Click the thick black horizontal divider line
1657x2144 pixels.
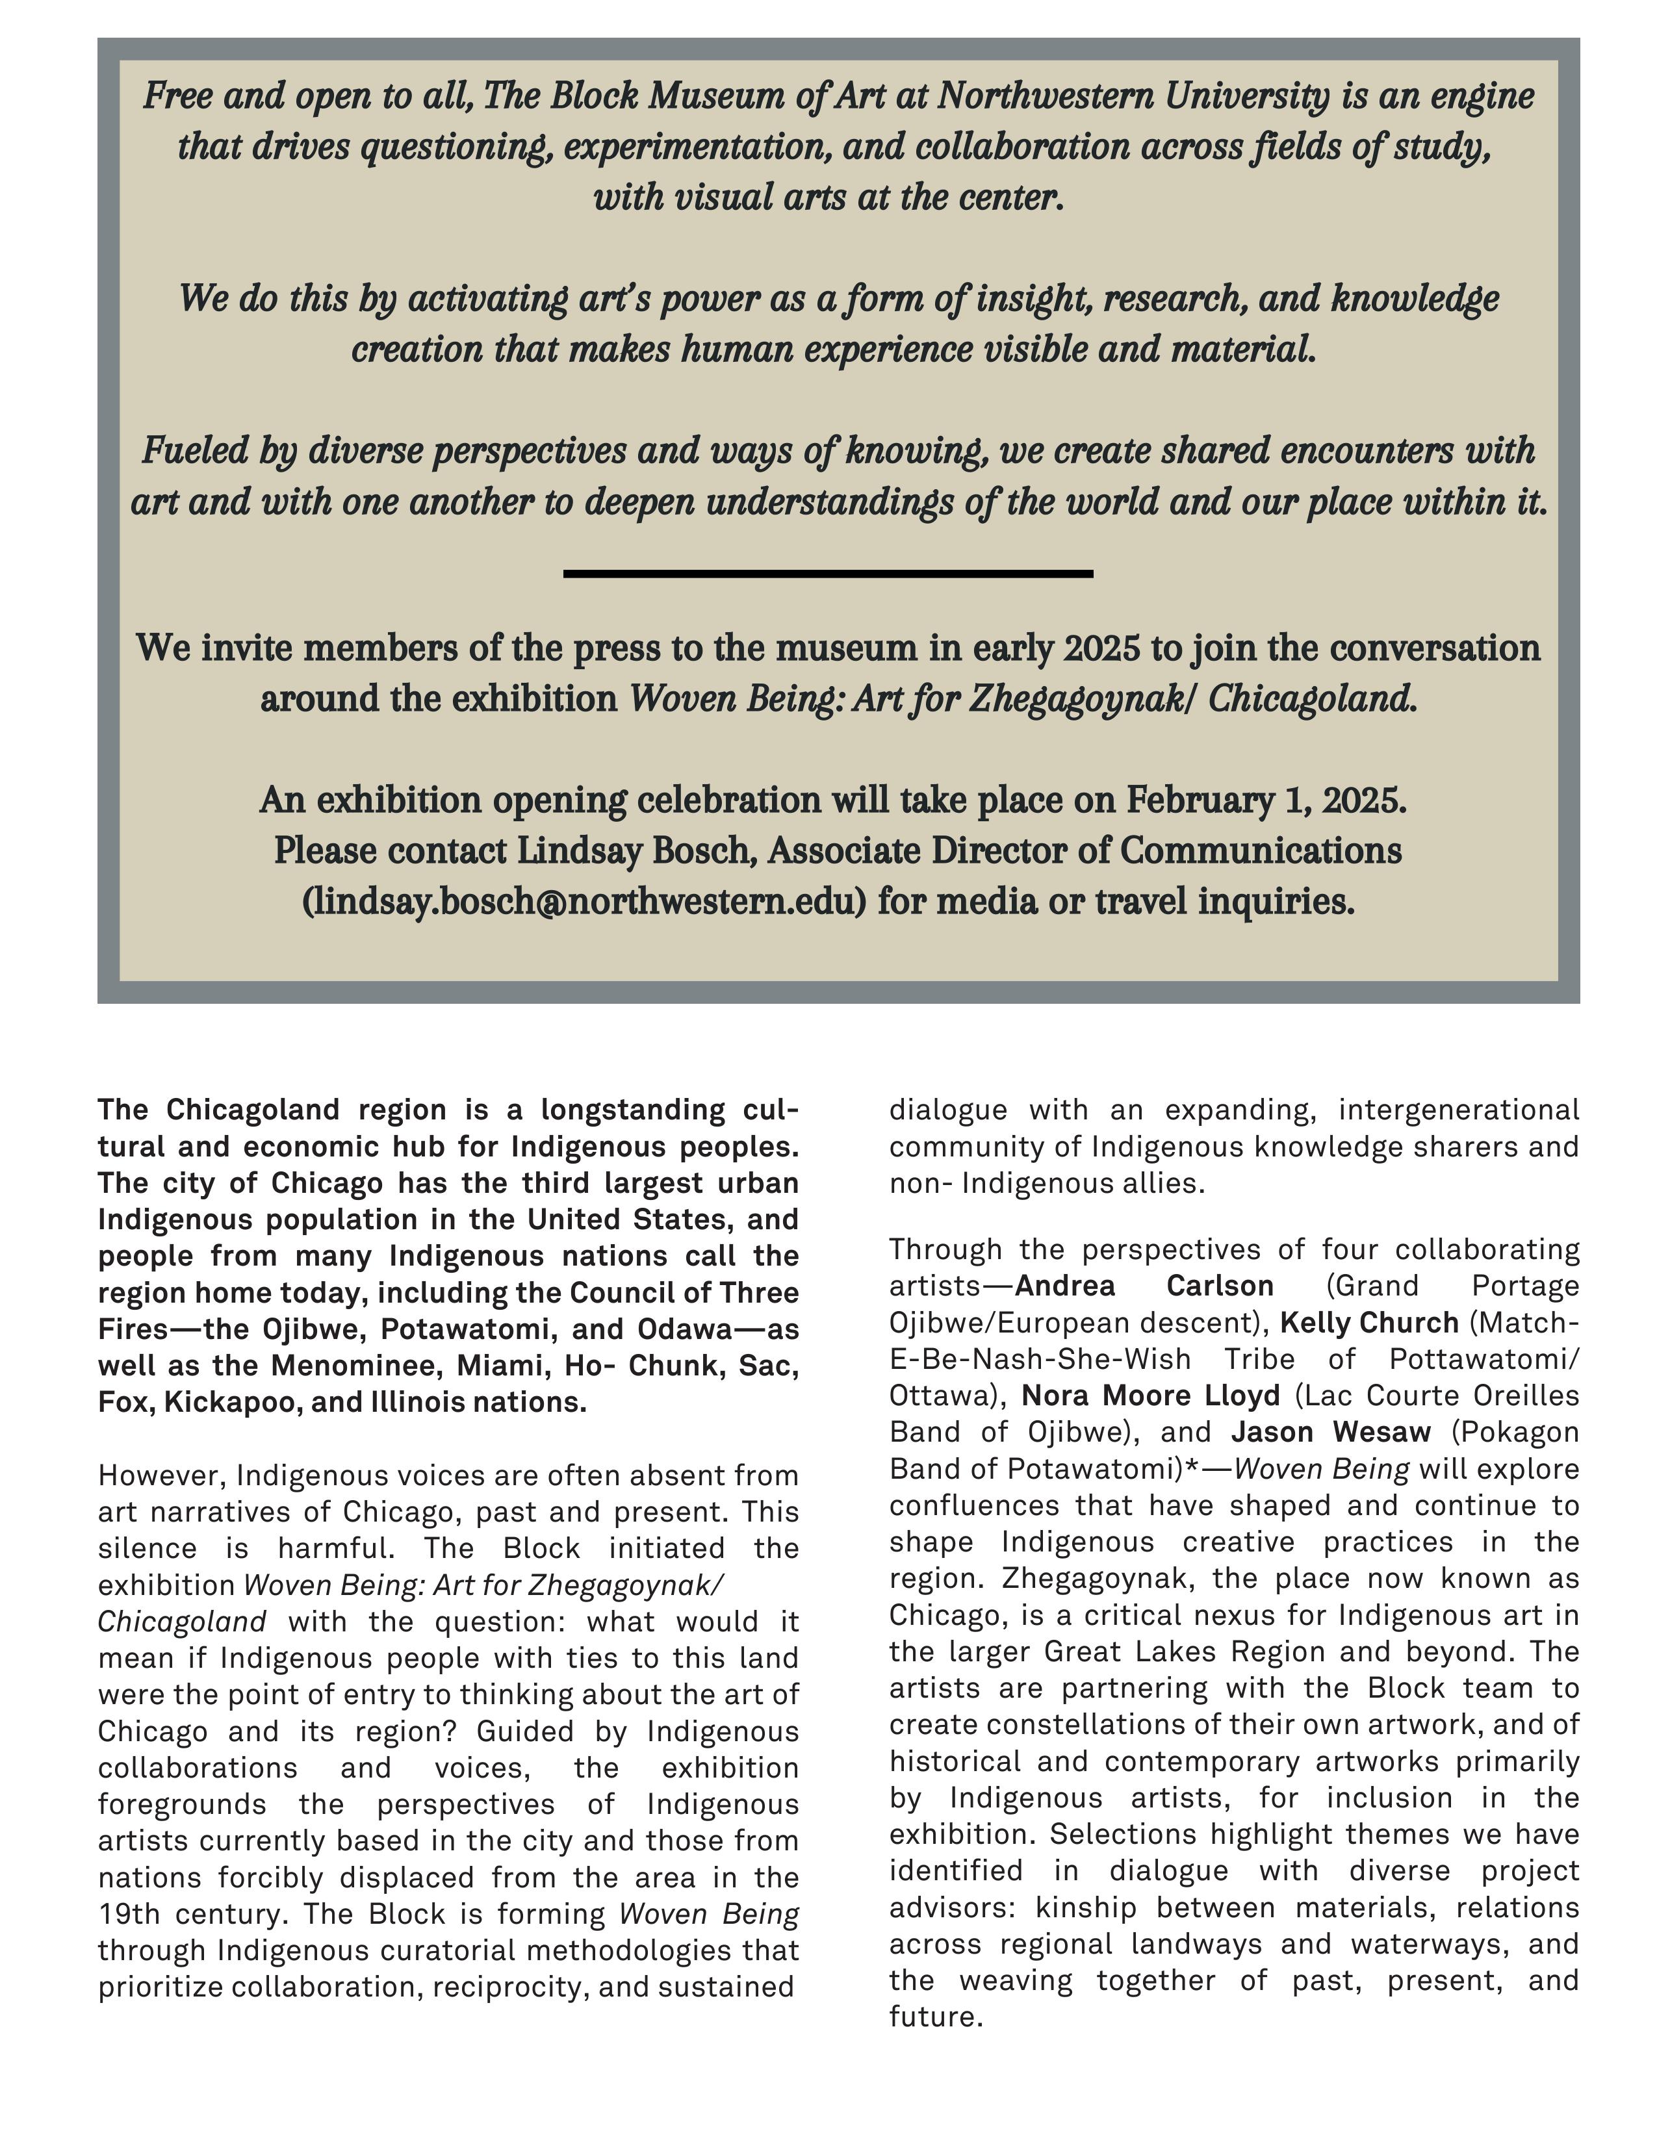click(827, 573)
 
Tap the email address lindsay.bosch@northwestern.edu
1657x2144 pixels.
click(584, 900)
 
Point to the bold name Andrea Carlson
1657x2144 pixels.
click(1144, 1286)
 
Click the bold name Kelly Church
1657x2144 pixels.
click(1369, 1322)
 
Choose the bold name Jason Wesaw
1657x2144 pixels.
click(1331, 1433)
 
